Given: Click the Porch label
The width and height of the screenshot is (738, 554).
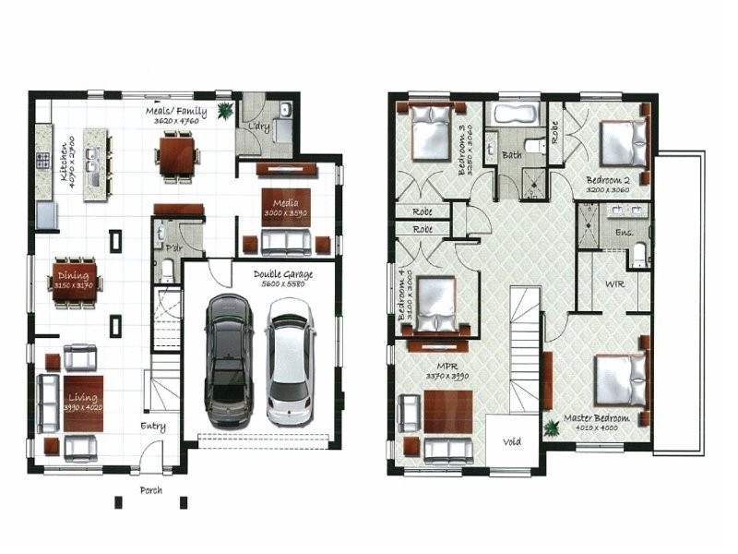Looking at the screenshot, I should click(150, 490).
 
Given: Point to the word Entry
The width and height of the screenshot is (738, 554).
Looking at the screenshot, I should click(153, 426).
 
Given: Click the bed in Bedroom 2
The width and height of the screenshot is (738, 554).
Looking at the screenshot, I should click(624, 141).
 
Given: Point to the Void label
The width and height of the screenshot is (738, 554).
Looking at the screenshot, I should click(511, 441).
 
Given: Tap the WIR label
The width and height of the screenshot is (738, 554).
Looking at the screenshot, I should click(614, 283).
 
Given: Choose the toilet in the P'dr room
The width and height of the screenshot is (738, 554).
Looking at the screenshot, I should click(166, 269).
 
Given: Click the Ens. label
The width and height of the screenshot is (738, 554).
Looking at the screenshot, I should click(625, 234).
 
